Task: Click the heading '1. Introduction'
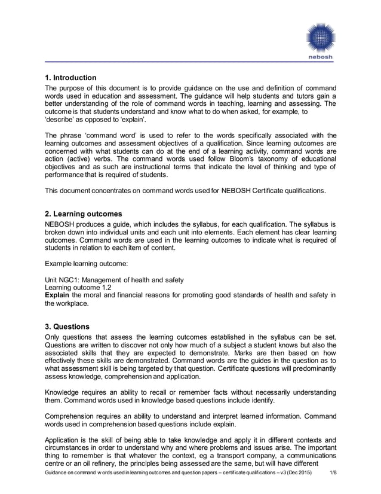click(70, 78)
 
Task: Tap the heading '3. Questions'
click(67, 327)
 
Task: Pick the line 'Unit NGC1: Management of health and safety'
click(114, 279)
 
